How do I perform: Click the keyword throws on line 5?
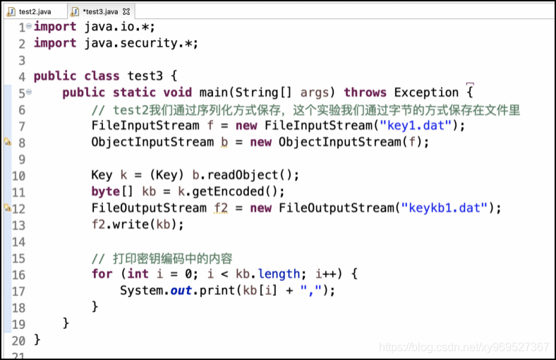[x=365, y=92]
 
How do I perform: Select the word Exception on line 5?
[x=426, y=92]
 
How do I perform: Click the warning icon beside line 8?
[x=8, y=142]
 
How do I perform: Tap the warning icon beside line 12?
[x=8, y=208]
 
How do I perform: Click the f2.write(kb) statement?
[x=137, y=225]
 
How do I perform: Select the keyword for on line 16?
[x=102, y=275]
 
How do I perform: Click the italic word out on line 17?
[x=181, y=291]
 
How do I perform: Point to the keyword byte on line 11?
[x=106, y=192]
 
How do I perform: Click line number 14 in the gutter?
[x=18, y=241]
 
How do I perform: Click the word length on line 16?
[x=279, y=275]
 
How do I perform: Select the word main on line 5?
[x=213, y=92]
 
